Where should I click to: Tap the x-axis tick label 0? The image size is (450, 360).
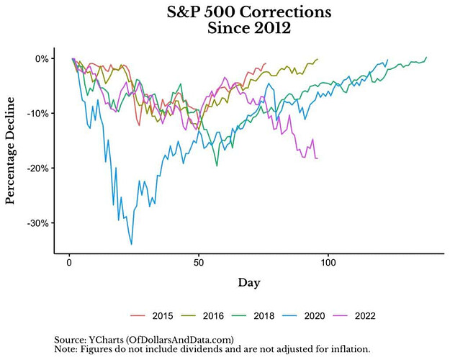[69, 264]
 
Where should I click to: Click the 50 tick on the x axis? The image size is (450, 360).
[199, 264]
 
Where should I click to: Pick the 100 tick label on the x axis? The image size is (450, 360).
[328, 264]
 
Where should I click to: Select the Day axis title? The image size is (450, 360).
[249, 282]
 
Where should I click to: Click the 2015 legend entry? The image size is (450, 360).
[159, 315]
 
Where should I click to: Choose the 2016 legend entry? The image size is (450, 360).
[213, 315]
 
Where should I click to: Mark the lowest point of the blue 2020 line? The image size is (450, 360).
[132, 245]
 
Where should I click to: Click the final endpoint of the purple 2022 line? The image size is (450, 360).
[317, 158]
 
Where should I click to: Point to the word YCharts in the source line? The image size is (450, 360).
[106, 339]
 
